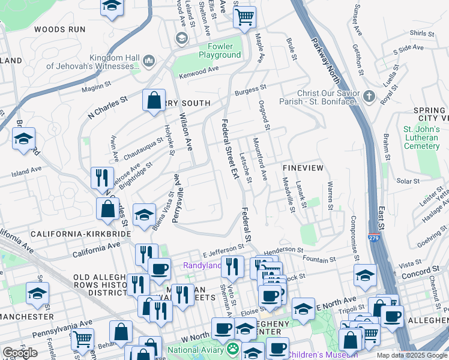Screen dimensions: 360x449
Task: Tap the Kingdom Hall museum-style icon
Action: pos(149,61)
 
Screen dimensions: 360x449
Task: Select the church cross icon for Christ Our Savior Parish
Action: pos(369,96)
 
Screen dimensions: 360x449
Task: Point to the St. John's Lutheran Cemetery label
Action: pos(421,137)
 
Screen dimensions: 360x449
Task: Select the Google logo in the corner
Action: pos(20,352)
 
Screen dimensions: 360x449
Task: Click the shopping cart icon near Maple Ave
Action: pos(244,17)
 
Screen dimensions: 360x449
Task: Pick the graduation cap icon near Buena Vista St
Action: pos(144,215)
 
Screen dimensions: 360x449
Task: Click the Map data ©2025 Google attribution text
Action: pos(411,355)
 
